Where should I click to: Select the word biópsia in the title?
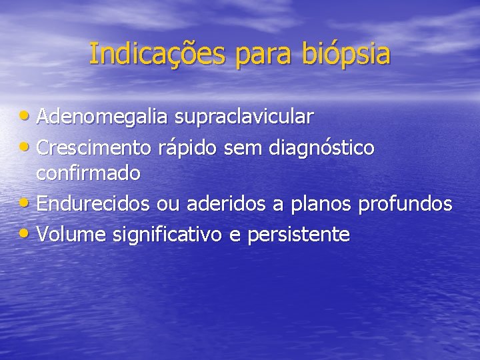tap(347, 55)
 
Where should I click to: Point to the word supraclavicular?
tap(244, 117)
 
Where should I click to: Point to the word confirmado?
tap(88, 174)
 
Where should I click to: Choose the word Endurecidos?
tap(93, 204)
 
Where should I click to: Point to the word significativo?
tap(169, 234)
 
